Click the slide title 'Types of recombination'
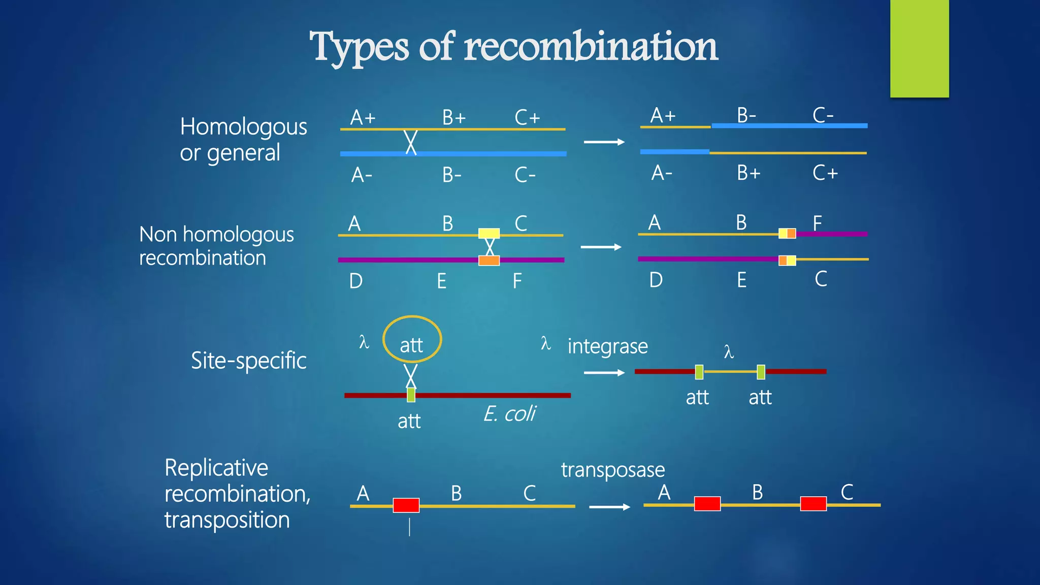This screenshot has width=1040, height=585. [513, 47]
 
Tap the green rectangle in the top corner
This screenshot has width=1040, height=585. [919, 49]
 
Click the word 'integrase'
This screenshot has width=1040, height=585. [607, 346]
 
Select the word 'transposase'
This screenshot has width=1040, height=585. [612, 470]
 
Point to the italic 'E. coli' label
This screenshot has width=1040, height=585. [509, 414]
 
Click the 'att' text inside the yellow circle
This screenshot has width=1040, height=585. [411, 345]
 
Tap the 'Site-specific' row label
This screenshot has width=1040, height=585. [248, 361]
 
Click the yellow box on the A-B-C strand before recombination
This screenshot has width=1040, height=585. [489, 234]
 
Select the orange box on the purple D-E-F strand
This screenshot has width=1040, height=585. [489, 261]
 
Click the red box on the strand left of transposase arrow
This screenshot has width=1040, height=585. [406, 505]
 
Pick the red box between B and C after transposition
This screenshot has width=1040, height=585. [813, 504]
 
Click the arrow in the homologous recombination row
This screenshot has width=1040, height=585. [604, 142]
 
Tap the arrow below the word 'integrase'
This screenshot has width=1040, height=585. [604, 373]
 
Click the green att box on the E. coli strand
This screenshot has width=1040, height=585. [411, 395]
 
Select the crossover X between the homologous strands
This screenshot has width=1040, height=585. [411, 142]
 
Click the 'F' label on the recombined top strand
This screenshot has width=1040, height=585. [817, 222]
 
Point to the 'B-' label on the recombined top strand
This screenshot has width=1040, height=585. [746, 115]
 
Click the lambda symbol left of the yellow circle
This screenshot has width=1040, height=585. [364, 342]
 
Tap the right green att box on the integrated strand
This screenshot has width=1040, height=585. [761, 372]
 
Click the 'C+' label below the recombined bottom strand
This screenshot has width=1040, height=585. [825, 173]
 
